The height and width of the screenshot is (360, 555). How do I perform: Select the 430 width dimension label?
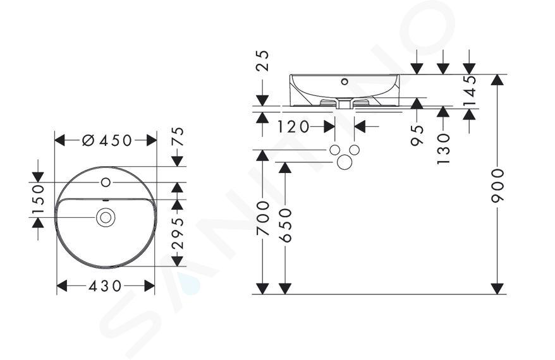point(105,285)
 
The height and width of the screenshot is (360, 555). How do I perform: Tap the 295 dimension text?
point(178,232)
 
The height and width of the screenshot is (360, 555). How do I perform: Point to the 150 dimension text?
point(38,200)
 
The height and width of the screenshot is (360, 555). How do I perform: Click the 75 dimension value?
point(178,136)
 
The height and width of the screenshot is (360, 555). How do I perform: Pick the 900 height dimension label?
point(497,186)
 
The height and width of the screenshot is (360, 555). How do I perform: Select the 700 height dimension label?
point(263,218)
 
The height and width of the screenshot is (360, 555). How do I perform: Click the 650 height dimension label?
point(285,225)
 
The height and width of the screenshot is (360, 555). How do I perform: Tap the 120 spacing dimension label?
point(293,126)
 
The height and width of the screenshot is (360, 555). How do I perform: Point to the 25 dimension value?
point(263,61)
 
